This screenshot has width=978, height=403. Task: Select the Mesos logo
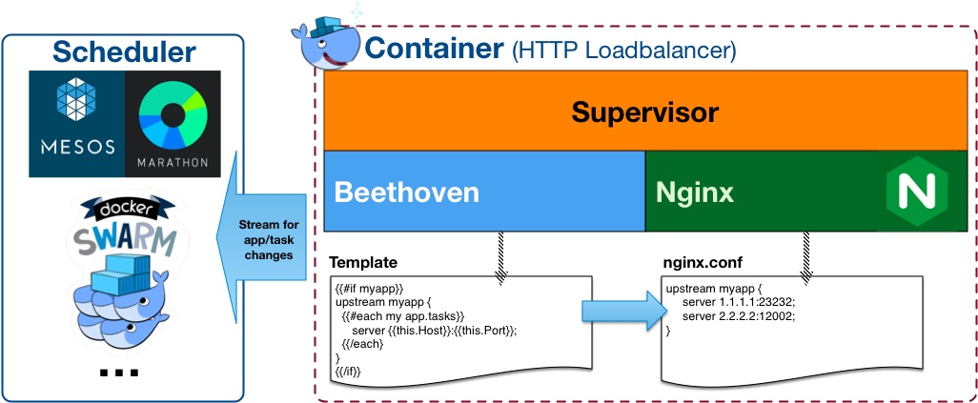click(76, 123)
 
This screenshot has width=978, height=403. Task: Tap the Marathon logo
click(173, 123)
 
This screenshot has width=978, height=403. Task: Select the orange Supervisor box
click(644, 112)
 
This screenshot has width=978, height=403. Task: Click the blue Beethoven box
click(484, 191)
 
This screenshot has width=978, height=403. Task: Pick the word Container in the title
click(434, 48)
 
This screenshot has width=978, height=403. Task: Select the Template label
click(362, 261)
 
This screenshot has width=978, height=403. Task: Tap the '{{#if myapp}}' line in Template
click(370, 286)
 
